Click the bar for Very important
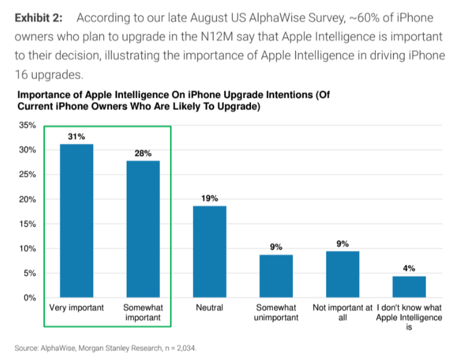[76, 221]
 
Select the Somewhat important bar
[143, 229]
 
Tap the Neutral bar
[209, 252]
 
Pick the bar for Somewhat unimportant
[276, 276]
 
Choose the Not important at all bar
[343, 274]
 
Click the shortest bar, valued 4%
[409, 287]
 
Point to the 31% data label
[76, 137]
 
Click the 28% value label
[143, 154]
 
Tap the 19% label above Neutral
[209, 199]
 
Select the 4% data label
[409, 268]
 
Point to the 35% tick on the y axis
[29, 126]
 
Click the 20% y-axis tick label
[29, 199]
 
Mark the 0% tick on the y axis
[31, 297]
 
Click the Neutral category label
[209, 308]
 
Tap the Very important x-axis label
[76, 308]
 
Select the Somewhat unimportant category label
[276, 313]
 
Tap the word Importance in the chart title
[44, 95]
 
